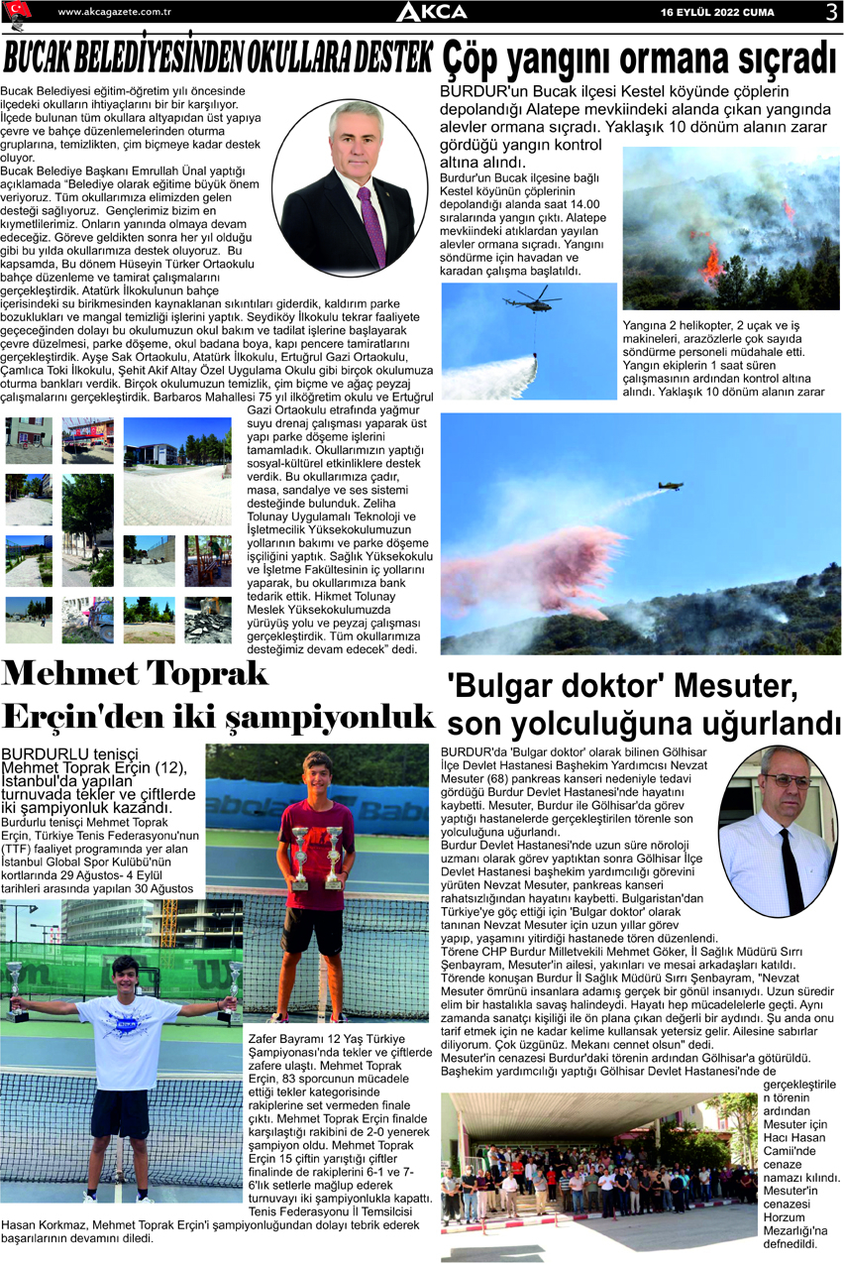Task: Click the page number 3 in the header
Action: click(x=830, y=12)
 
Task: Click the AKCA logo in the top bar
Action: click(x=431, y=12)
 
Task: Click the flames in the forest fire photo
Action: click(x=709, y=262)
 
